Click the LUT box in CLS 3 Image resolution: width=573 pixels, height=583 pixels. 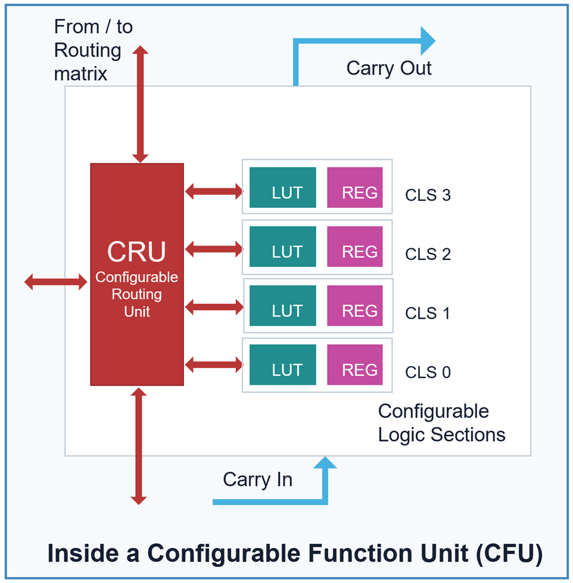pos(282,188)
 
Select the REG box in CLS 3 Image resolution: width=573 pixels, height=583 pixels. pos(355,188)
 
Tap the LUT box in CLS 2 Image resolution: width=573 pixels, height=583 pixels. pos(282,247)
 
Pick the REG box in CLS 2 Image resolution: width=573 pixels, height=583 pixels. pos(355,247)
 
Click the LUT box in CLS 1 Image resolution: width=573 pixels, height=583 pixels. pos(282,305)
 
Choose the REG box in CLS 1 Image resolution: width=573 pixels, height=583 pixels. pos(355,305)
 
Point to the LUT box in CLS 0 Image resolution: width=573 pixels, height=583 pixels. pos(282,364)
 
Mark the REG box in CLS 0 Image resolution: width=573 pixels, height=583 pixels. pos(355,364)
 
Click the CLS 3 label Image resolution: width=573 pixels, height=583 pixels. pos(428,195)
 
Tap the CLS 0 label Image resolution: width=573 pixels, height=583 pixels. pos(428,372)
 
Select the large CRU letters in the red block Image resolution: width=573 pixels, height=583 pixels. pos(136,252)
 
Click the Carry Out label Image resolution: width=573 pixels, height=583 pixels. pos(389,68)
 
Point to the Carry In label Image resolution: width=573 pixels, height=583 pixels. pos(258,479)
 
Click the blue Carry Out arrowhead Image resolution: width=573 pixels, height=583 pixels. pos(428,41)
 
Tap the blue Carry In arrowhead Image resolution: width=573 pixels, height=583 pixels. pos(325,462)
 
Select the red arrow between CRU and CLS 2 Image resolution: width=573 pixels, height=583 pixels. pos(214,249)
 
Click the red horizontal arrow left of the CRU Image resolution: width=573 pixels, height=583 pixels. pos(56,282)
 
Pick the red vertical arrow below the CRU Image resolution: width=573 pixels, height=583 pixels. pos(139,446)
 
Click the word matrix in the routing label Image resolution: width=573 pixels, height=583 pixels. pos(80,74)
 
